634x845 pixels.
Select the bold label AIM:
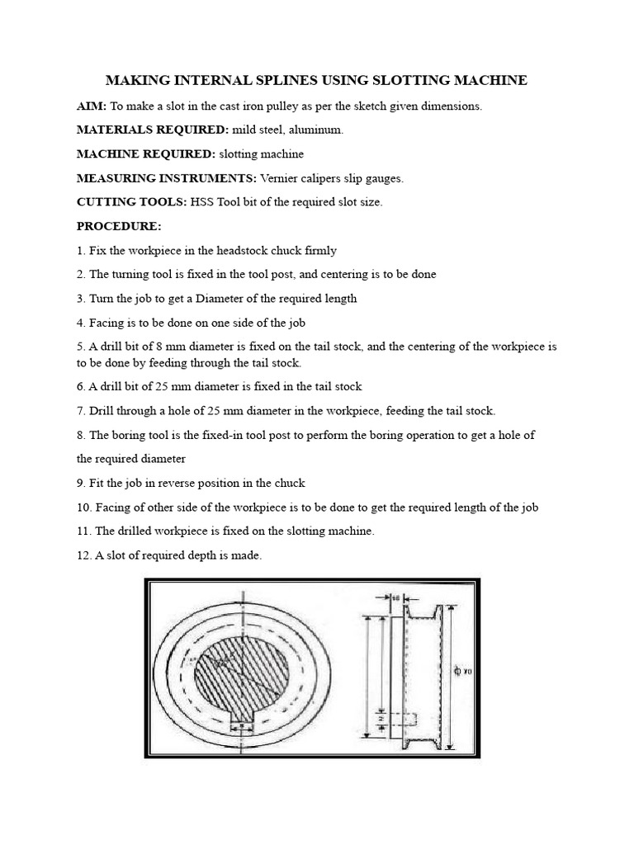coord(92,106)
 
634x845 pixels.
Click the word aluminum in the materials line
coord(319,130)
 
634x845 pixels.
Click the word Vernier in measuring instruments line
coord(278,177)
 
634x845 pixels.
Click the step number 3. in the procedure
coord(81,298)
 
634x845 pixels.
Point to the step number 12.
coord(84,555)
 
